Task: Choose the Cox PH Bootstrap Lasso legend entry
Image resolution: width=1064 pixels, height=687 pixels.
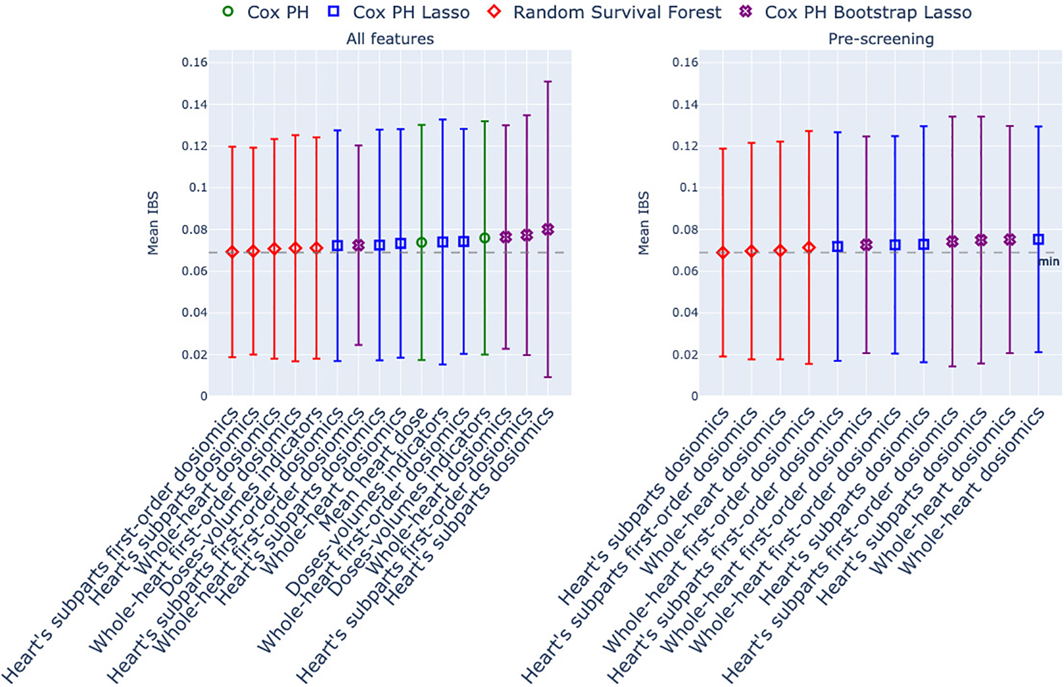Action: pos(856,12)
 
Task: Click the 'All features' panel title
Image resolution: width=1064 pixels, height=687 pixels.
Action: pos(390,39)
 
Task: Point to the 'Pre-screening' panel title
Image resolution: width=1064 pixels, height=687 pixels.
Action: pos(880,39)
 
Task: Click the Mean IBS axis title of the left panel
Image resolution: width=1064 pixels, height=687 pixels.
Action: pos(153,223)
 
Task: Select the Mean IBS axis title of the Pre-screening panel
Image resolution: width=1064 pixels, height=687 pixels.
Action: pos(644,223)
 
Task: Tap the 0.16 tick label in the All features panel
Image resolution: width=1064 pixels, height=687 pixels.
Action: pos(195,62)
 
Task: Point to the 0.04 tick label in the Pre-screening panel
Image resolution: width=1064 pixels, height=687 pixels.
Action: pos(685,313)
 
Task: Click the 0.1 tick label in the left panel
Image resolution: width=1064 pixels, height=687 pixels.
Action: pos(198,188)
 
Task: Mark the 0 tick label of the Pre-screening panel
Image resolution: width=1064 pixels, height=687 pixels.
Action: pos(695,396)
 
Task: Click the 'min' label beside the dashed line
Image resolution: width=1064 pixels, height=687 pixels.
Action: pos(1048,262)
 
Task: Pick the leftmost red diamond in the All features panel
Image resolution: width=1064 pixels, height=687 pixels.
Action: pos(232,252)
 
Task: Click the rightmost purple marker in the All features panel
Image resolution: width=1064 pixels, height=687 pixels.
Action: pos(548,229)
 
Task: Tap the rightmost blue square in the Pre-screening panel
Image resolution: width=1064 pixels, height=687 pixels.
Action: pos(1038,240)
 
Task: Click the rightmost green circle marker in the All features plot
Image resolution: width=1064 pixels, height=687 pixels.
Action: pos(485,238)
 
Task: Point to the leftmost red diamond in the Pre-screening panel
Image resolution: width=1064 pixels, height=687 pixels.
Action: pos(723,253)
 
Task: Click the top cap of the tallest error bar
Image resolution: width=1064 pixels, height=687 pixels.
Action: pos(548,82)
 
